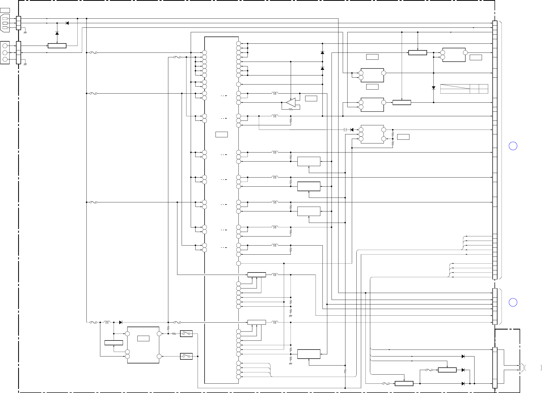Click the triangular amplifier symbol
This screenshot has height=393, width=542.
pos(291,103)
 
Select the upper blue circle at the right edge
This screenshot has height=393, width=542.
pos(513,146)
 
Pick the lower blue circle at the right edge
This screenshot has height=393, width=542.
pos(513,302)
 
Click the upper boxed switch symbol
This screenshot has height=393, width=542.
pos(186,334)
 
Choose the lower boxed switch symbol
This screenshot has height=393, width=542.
pos(186,356)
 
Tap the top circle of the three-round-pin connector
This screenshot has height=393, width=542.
pos(5,46)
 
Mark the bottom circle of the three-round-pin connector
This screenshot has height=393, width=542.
pos(5,59)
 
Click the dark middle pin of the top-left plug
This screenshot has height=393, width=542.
pos(5,23)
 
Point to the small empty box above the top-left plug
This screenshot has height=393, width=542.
pos(5,10)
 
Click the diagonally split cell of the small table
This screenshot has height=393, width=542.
pos(455,86)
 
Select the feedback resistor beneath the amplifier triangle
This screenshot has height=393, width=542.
pos(291,109)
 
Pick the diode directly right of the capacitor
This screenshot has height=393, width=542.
pos(352,130)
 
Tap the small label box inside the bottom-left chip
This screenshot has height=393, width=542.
pos(143,338)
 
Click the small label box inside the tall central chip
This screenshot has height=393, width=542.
pos(221,134)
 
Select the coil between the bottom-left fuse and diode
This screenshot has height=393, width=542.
pos(107,322)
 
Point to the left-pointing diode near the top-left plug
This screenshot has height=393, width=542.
pos(67,23)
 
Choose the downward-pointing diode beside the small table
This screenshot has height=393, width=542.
pos(433,87)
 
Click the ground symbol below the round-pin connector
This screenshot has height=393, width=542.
pos(25,64)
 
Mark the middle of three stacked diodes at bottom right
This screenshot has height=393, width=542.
pos(463,370)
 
